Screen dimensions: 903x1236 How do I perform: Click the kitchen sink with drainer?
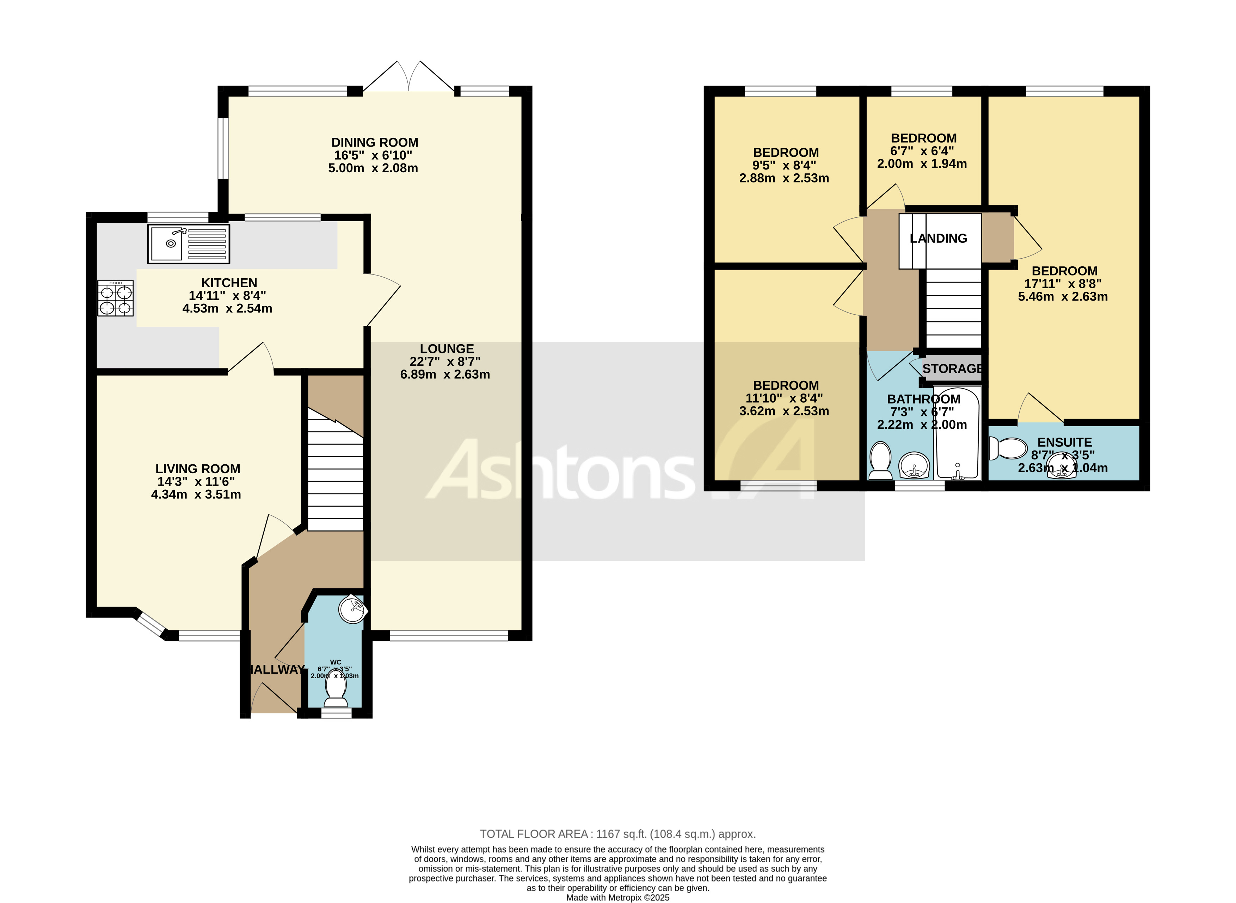click(188, 244)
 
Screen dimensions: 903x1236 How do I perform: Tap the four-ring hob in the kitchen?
click(115, 298)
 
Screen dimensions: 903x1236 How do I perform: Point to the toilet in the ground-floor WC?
click(335, 694)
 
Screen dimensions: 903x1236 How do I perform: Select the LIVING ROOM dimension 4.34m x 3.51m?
click(196, 495)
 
